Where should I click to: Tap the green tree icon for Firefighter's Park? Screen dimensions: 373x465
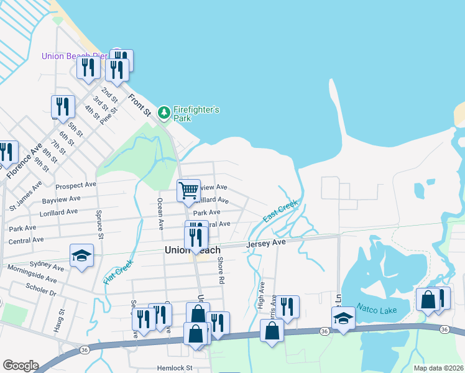click(x=164, y=113)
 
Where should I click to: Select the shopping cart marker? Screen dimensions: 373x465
click(x=188, y=190)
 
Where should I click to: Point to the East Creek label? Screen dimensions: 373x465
click(x=280, y=211)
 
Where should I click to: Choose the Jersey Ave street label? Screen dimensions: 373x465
click(x=265, y=243)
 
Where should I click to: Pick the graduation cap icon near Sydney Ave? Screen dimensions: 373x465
click(x=81, y=256)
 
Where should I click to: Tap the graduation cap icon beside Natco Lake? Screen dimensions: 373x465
click(x=343, y=319)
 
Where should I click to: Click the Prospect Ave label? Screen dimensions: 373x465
click(x=75, y=185)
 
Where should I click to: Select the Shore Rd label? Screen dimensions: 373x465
click(x=220, y=270)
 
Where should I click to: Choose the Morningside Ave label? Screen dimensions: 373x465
click(x=34, y=274)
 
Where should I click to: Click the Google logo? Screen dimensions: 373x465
click(x=20, y=366)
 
